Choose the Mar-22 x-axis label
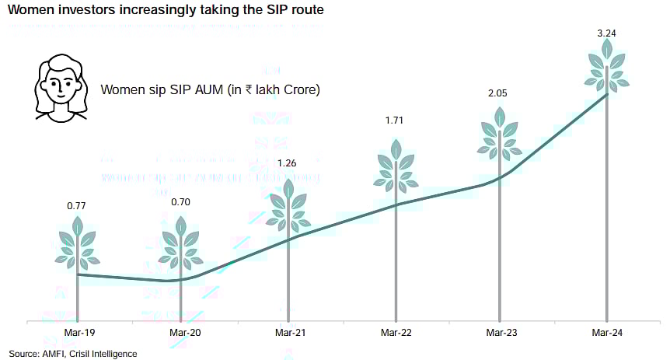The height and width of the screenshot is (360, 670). pos(396,334)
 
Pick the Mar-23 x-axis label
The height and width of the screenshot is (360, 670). pos(501,334)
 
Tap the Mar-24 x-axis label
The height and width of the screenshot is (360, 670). pos(606,334)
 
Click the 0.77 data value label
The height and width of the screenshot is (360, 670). pos(77,207)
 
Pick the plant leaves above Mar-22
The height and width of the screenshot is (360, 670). pos(396,166)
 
